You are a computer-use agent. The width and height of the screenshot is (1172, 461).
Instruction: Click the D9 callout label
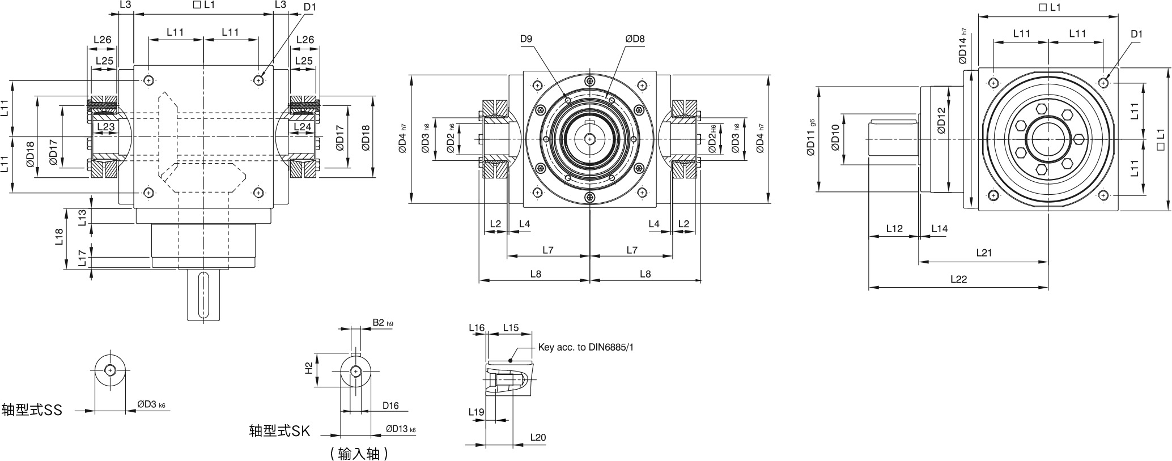pos(526,39)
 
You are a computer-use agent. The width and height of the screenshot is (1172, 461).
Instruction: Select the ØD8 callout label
pos(635,39)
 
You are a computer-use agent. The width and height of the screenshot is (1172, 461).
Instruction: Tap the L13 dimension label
pos(82,217)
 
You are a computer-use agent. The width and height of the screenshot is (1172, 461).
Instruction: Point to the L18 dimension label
pos(60,237)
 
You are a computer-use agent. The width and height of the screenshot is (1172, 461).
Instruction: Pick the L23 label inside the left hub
pos(105,127)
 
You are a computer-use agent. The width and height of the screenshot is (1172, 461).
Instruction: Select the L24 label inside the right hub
pos(303,127)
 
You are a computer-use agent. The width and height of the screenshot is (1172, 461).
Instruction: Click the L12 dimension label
pos(894,229)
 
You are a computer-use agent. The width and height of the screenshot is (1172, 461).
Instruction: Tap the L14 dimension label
pos(939,229)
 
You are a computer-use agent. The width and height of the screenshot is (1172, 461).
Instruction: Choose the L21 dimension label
pos(984,253)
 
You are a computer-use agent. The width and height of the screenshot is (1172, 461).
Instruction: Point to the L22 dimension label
pos(958,279)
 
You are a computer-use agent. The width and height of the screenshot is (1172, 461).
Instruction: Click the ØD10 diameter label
pos(834,138)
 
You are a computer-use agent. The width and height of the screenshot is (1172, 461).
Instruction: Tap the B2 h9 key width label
pos(383,323)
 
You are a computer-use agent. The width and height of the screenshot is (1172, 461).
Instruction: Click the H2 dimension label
pos(308,369)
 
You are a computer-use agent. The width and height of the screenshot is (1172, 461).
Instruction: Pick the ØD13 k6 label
pos(401,429)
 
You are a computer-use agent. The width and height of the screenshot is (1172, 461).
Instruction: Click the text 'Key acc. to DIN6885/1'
pos(586,347)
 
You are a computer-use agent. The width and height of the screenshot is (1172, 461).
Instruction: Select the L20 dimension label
pos(538,437)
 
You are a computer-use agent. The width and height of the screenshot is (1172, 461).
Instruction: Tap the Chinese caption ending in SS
pos(32,410)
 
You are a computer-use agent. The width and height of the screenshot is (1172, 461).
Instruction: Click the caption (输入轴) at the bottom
pos(359,453)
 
